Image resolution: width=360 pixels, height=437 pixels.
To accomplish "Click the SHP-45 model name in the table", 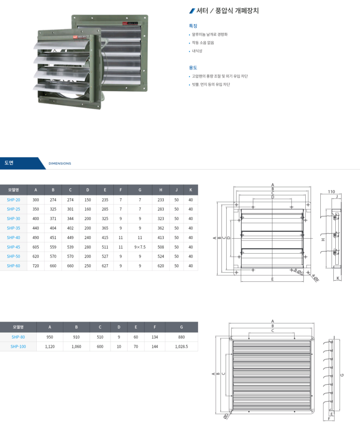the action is point(14,247).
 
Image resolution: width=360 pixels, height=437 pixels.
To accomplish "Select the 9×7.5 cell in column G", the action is point(140,247).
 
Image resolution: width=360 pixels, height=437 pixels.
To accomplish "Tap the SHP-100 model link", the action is point(18,346).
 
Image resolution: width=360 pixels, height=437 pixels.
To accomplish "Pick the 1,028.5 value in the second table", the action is point(181,346).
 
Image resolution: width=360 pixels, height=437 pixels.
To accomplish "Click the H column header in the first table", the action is point(161,190).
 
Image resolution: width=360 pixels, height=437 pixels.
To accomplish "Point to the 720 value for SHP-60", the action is point(36,266).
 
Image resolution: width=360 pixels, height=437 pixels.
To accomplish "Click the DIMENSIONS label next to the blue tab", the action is point(60,163).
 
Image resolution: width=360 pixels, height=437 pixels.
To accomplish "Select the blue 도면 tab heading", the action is point(9,163).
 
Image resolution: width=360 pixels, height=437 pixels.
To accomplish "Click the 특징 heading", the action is point(193,26).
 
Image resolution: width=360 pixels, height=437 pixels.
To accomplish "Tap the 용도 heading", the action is point(193,68).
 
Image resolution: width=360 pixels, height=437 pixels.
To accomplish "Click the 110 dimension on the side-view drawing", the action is point(331,192).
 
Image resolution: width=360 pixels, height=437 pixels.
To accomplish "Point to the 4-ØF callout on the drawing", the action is point(315,278).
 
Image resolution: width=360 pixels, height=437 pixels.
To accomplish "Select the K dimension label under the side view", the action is point(338,278).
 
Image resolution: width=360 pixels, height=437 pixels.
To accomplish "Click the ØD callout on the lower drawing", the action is point(226,416).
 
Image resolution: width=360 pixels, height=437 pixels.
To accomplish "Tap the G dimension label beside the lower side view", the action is point(342,375).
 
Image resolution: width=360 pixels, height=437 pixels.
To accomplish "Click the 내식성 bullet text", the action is point(197,51).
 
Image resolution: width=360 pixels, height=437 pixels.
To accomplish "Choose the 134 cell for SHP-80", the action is point(155,337).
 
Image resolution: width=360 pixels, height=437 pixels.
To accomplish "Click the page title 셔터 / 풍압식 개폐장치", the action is point(227,11).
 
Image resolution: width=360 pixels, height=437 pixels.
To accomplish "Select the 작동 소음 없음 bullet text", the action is point(203,43).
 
